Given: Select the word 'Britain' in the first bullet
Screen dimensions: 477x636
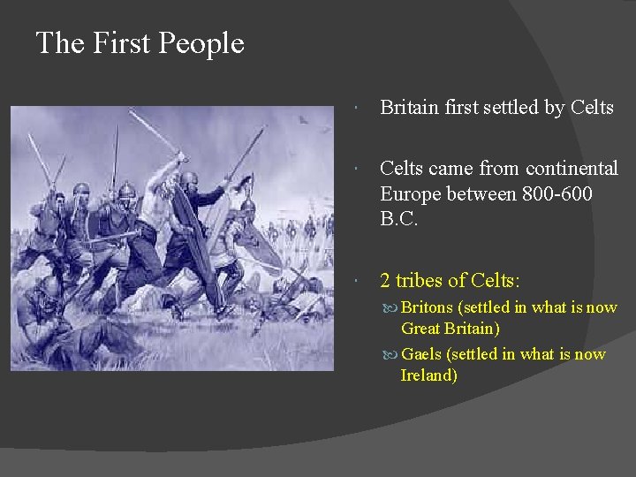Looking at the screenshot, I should [x=410, y=108].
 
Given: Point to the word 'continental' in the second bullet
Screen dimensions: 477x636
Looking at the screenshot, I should [x=572, y=168].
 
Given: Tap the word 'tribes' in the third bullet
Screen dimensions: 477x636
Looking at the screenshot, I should [x=425, y=281].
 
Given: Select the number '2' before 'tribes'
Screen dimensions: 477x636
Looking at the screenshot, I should [x=385, y=281].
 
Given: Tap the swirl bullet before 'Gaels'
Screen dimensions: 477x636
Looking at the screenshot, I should [x=390, y=355].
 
